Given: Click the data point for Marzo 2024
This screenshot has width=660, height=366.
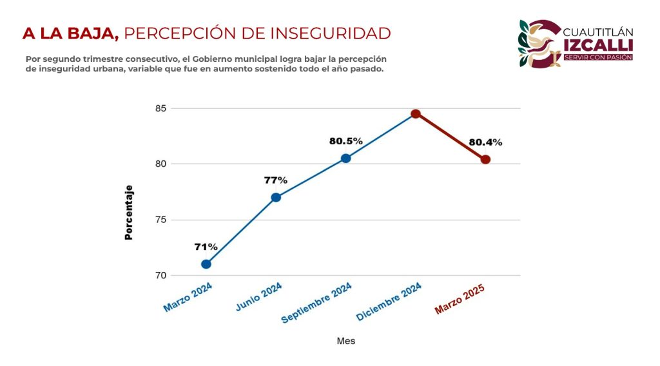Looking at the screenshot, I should [206, 264].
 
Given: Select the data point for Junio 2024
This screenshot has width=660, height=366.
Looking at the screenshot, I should [276, 197].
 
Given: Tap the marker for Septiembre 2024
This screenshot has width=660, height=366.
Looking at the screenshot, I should [346, 159].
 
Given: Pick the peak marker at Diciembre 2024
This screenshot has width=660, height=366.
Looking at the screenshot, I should [416, 114].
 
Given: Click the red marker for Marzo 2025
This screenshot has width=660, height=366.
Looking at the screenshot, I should [485, 160].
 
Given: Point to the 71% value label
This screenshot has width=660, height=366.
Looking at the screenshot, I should [206, 247].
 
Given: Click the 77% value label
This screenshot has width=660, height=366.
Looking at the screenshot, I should [276, 180].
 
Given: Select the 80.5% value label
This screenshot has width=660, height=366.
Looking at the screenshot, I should [346, 141].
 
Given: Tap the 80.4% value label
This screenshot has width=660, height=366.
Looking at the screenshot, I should [485, 142].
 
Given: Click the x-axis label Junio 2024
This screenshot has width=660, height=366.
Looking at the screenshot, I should [258, 298].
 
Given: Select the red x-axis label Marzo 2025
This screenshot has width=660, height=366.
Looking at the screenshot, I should [459, 300].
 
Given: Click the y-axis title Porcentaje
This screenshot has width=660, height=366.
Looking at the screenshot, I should [128, 213].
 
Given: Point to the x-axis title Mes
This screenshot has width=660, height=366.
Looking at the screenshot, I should [346, 341].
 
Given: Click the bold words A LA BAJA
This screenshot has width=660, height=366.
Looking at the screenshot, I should [70, 33].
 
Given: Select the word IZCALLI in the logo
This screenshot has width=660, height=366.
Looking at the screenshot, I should [597, 44].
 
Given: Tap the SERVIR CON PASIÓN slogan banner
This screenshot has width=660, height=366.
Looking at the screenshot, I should [597, 57].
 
